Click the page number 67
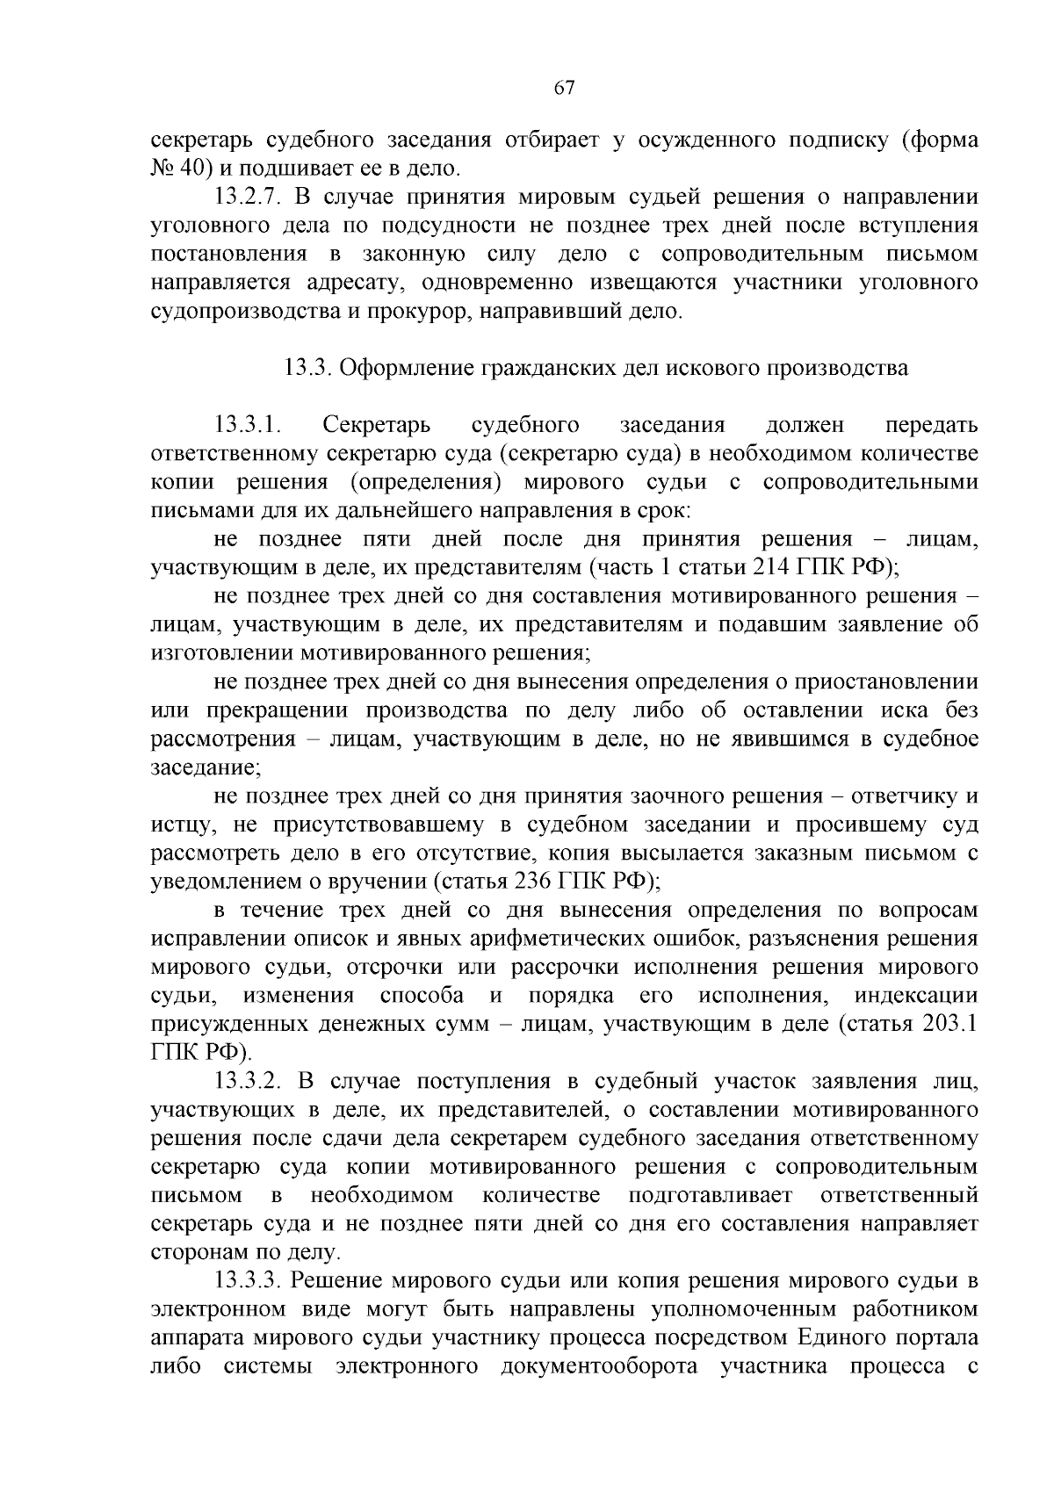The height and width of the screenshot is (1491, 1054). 564,88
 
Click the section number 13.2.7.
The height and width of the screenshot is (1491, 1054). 249,197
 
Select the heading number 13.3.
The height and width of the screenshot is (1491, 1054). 307,368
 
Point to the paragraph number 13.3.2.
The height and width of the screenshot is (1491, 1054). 249,1081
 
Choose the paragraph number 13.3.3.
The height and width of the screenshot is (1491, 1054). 249,1281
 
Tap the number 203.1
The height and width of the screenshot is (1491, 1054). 951,1024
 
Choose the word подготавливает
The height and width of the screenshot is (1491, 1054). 711,1196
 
